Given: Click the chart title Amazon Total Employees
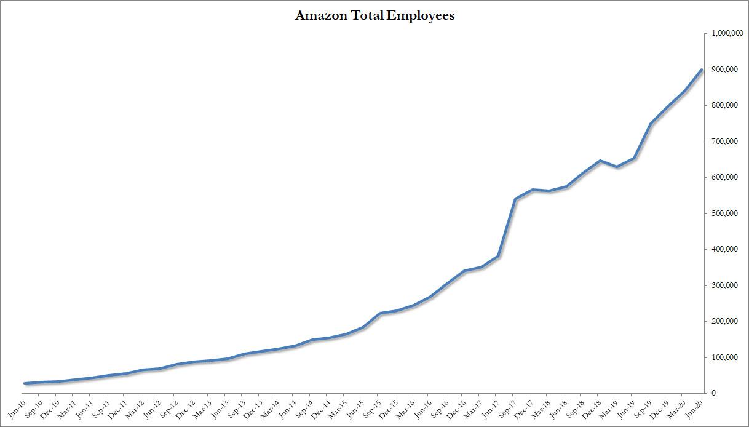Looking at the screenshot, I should tap(374, 16).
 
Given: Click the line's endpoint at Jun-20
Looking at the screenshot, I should tap(702, 70).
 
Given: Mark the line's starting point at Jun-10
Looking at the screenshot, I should tap(25, 383).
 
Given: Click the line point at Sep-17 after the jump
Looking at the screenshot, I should tap(515, 199).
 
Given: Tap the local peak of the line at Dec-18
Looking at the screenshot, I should tap(600, 161).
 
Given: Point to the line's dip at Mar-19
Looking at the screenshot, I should tap(617, 167).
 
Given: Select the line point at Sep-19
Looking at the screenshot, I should tap(651, 124).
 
